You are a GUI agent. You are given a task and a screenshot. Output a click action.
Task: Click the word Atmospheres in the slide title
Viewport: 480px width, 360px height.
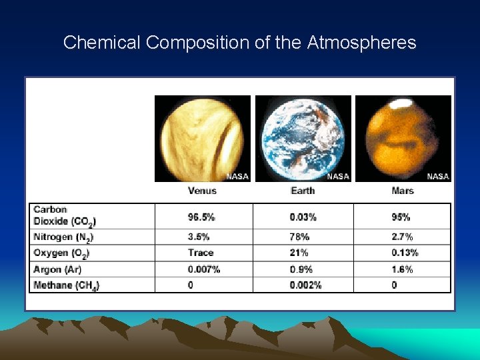tap(361, 43)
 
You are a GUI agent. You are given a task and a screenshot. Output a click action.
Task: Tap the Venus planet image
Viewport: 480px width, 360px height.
tap(203, 138)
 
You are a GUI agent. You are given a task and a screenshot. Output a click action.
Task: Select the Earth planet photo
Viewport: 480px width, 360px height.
tap(303, 138)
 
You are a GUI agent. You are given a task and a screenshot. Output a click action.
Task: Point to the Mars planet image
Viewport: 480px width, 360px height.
tap(403, 138)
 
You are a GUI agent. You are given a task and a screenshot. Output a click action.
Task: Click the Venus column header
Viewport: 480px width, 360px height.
tap(202, 191)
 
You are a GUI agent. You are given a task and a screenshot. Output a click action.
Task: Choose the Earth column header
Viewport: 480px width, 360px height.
tap(303, 191)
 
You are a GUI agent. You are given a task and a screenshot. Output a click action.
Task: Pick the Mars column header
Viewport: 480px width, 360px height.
tap(403, 191)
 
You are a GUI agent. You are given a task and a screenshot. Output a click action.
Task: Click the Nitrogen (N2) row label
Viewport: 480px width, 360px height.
tap(63, 237)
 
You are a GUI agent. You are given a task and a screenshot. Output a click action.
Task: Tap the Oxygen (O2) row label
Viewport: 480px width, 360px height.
tap(61, 253)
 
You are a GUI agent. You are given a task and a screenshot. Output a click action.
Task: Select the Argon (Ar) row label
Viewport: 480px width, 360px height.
tap(57, 269)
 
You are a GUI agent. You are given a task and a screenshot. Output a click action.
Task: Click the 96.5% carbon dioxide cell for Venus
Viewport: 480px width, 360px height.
tap(201, 217)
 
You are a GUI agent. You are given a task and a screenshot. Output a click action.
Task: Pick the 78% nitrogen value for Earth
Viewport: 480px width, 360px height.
tap(299, 237)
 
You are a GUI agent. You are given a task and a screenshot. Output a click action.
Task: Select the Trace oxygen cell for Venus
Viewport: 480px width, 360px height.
tap(201, 253)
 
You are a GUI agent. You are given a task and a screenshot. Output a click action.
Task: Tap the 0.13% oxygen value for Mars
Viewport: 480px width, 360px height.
tap(405, 253)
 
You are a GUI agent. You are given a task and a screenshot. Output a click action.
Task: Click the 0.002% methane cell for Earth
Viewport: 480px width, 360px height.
tap(305, 285)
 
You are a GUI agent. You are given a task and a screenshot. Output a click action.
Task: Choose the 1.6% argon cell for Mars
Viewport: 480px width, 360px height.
tap(402, 269)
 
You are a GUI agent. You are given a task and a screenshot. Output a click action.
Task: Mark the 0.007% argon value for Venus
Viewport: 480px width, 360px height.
tap(204, 269)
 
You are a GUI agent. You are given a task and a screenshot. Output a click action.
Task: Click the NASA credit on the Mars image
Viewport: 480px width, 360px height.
tap(437, 176)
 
